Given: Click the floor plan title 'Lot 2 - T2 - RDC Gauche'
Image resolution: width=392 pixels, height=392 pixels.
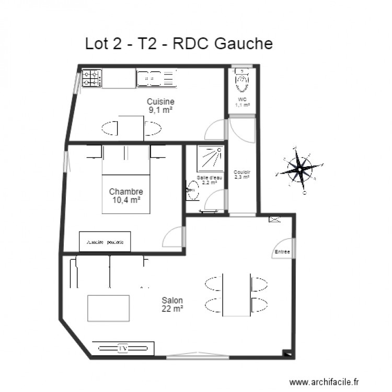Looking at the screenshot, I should click(179, 44).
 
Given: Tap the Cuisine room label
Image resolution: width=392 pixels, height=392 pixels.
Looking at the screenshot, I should click(160, 101).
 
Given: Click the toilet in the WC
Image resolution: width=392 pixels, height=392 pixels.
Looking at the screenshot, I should click(242, 82).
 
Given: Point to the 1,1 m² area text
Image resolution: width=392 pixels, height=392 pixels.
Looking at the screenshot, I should click(242, 105).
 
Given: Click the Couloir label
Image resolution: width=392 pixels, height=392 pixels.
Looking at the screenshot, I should click(242, 172).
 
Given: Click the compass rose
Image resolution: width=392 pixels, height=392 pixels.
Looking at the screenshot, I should click(298, 167).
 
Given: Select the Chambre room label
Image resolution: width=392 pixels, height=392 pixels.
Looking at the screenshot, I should click(126, 192).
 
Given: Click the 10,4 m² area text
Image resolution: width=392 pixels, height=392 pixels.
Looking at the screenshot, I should click(126, 200).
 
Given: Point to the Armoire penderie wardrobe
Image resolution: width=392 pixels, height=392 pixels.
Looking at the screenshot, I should click(105, 242).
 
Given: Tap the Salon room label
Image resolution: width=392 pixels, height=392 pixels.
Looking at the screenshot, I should click(172, 301).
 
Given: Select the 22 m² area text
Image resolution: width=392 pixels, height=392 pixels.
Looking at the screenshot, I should click(172, 309).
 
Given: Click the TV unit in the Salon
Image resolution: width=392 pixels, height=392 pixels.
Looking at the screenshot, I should click(124, 348).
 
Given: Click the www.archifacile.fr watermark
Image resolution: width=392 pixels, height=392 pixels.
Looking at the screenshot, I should click(325, 383).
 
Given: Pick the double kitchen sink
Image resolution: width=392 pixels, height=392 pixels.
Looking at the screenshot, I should click(155, 79).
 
